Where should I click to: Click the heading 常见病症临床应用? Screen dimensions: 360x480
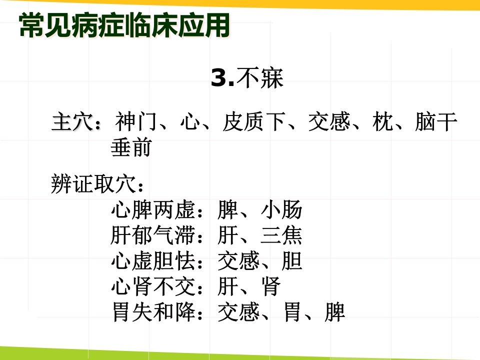124,25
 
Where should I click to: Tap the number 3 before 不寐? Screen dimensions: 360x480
218,78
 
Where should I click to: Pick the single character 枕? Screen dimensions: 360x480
382,122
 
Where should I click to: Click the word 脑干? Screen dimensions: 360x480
435,122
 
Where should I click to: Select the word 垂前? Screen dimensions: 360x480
131,148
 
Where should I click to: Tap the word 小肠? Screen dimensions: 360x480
281,210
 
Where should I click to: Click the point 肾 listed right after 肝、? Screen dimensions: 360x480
270,287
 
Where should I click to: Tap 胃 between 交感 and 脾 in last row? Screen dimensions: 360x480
292,313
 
